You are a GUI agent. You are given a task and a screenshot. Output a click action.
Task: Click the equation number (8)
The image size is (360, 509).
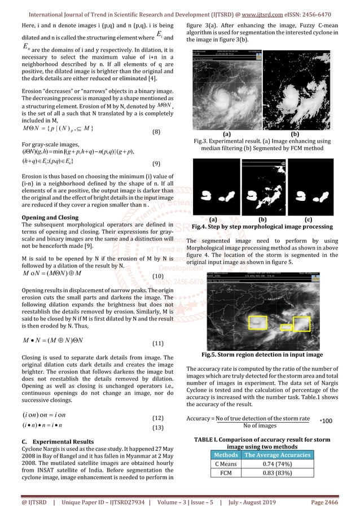tap(159, 132)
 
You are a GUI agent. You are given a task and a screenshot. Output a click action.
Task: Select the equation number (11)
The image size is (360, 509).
tap(159, 343)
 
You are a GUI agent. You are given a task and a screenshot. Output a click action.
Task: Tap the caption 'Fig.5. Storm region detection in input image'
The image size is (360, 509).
tap(262, 355)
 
